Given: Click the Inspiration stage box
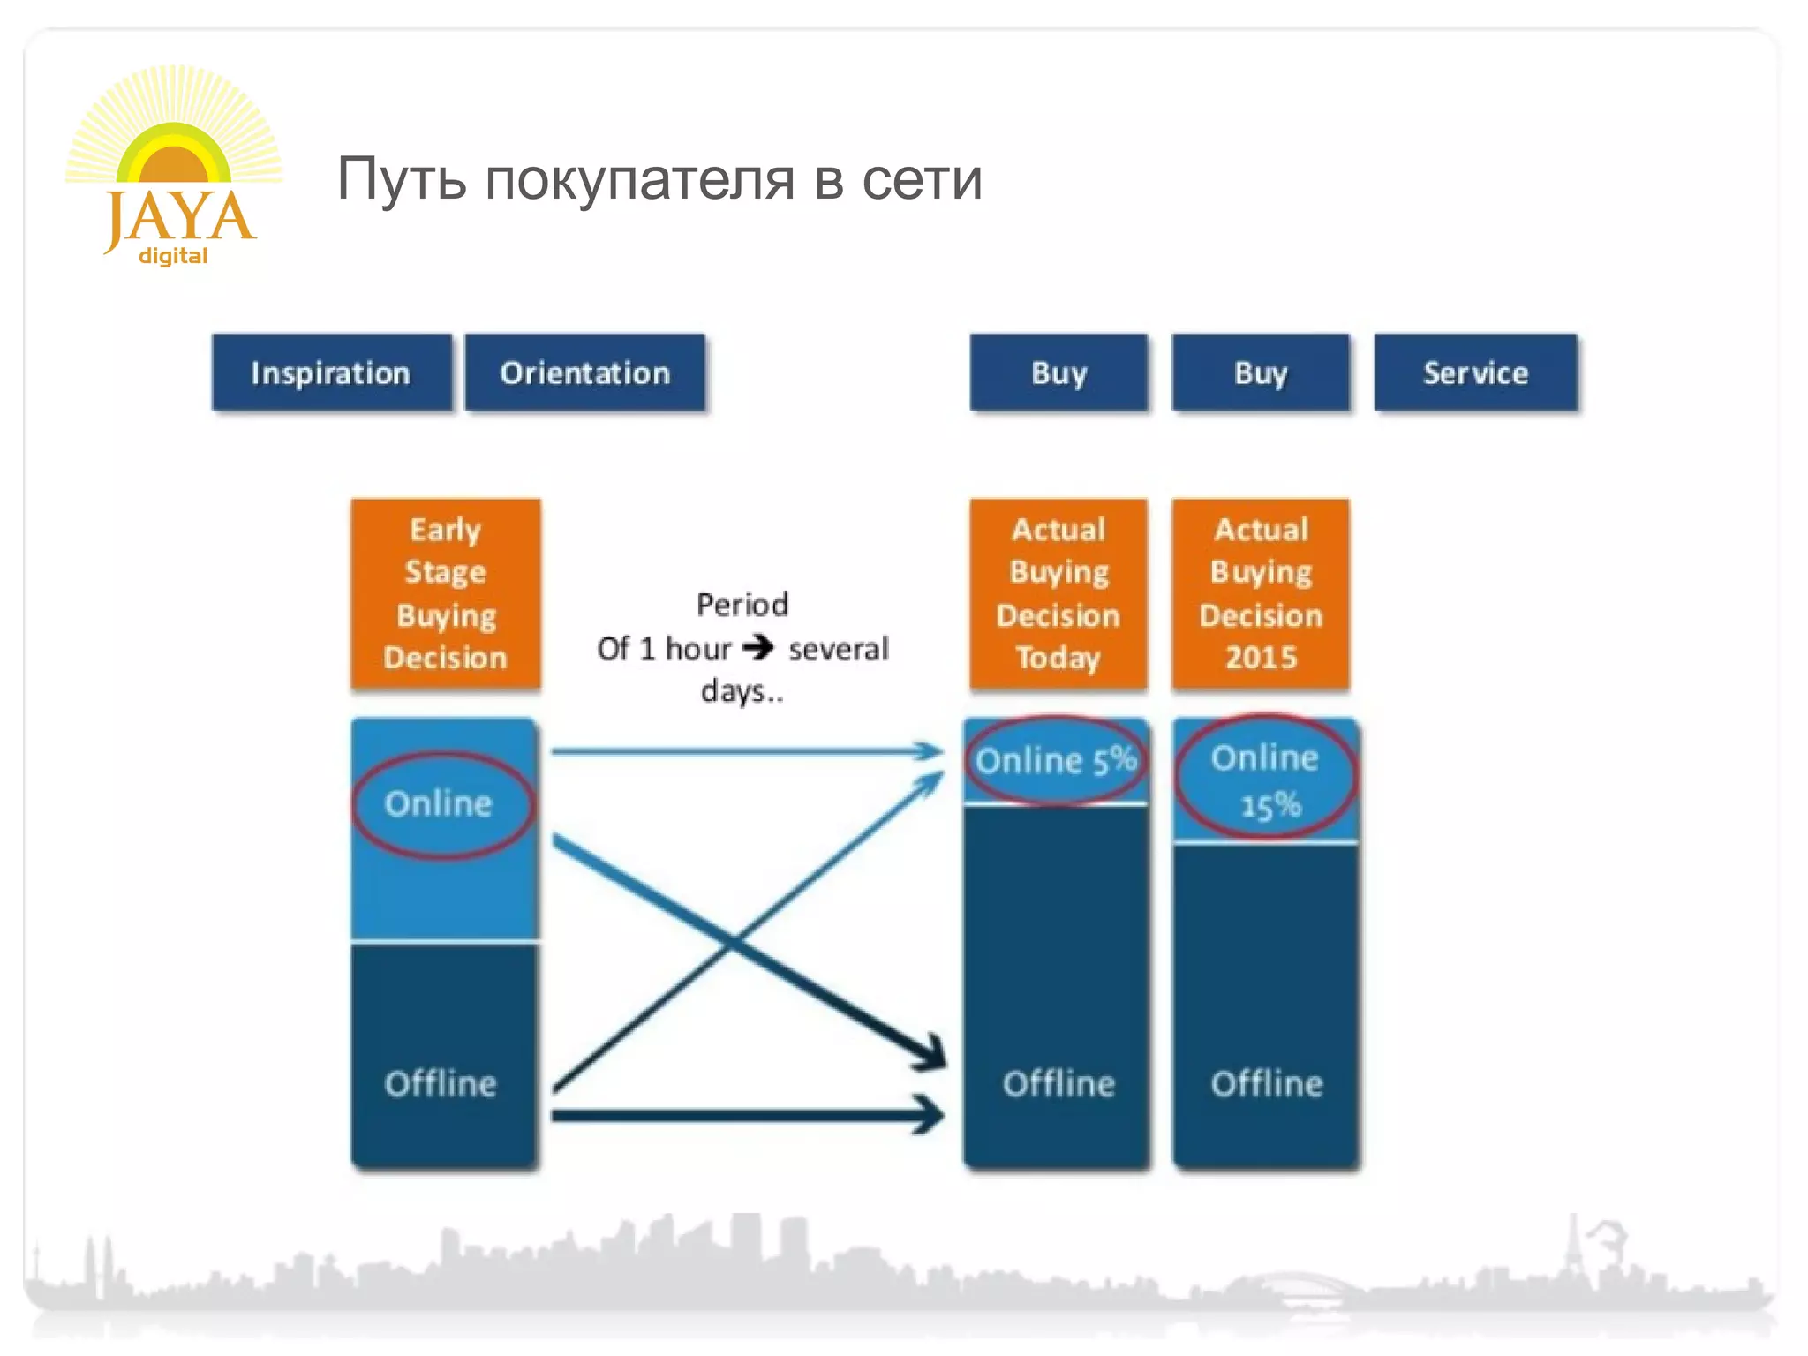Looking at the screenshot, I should coord(331,373).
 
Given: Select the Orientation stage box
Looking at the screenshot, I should coord(584,373).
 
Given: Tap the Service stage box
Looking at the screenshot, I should coord(1475,373).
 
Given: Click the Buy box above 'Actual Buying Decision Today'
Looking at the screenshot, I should coord(1058,373).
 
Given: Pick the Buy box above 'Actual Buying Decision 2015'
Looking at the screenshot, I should coord(1261,373).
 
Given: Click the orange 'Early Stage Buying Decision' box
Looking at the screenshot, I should coord(446,593).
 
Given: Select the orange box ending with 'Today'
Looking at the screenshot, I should coord(1058,593).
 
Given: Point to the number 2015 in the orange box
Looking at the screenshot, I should coord(1261,658).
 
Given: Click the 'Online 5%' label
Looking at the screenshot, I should coord(1056,760).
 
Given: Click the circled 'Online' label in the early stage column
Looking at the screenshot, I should coord(439,803).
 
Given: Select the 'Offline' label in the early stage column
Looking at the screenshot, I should coord(441,1083).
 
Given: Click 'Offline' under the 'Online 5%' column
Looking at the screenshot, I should coord(1058,1083).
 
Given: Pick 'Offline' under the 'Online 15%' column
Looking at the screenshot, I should coord(1267,1083).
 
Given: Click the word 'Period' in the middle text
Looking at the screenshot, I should coord(742,605).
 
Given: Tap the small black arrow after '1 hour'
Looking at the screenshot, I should coord(758,648).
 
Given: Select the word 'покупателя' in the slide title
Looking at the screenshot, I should coord(641,179).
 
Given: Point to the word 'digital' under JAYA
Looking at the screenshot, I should coord(173,256).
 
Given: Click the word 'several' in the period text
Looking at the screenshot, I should coord(839,649).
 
